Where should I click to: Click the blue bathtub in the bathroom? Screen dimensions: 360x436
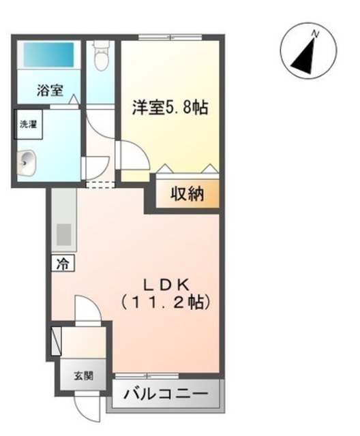(x=48, y=54)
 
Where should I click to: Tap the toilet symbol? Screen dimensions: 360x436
(x=100, y=56)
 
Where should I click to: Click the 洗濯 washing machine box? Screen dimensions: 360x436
(x=29, y=124)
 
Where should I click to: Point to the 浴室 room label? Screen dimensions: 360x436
(x=50, y=90)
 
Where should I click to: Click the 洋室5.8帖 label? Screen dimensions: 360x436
(x=170, y=108)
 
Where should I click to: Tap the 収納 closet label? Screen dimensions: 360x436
(x=187, y=193)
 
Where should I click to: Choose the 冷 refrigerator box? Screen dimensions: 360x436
(x=63, y=263)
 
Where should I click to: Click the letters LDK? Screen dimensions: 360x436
(x=166, y=284)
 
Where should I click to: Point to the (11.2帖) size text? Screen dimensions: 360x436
(x=166, y=302)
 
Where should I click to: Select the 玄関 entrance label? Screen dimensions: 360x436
(x=83, y=376)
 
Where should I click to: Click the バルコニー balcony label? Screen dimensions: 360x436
(x=166, y=394)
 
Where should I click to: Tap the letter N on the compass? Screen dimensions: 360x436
(x=315, y=34)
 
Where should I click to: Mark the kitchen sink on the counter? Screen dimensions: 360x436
(x=63, y=234)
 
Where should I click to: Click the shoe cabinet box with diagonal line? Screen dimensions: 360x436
(x=57, y=341)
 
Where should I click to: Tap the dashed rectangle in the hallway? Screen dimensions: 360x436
(x=100, y=185)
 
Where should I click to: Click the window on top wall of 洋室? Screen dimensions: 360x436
(x=170, y=37)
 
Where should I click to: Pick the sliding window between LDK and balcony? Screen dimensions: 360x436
(x=147, y=376)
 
